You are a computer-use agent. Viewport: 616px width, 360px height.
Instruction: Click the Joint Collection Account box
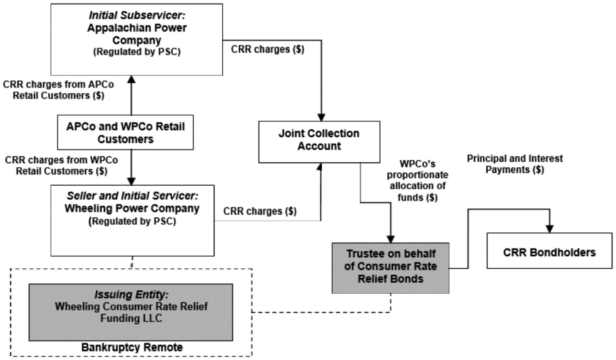pos(319,142)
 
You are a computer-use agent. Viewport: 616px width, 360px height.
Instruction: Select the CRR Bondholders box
pos(549,250)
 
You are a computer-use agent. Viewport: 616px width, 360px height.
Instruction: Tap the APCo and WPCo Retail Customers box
pos(125,132)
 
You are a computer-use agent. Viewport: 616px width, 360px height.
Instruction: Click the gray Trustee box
pos(390,268)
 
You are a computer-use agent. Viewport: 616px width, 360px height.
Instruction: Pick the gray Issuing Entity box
pos(131,312)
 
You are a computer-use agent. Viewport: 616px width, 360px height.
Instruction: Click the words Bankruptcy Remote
pos(132,347)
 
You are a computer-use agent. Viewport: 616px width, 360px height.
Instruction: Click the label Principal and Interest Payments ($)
pos(515,164)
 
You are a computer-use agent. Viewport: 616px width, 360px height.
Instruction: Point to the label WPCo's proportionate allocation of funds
pos(417,180)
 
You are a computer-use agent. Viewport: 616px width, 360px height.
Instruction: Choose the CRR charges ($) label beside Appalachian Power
pos(268,49)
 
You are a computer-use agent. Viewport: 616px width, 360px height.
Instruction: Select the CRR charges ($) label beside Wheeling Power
pos(260,211)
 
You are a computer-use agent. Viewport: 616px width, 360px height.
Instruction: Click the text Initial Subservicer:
pos(137,15)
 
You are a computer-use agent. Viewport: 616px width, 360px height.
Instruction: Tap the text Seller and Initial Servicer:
pos(132,196)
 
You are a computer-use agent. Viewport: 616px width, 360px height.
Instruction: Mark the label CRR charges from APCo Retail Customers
pos(59,90)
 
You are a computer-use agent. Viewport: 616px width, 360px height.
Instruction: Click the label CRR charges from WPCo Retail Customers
pos(61,166)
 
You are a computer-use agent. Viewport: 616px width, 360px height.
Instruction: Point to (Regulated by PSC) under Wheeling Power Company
pos(132,221)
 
